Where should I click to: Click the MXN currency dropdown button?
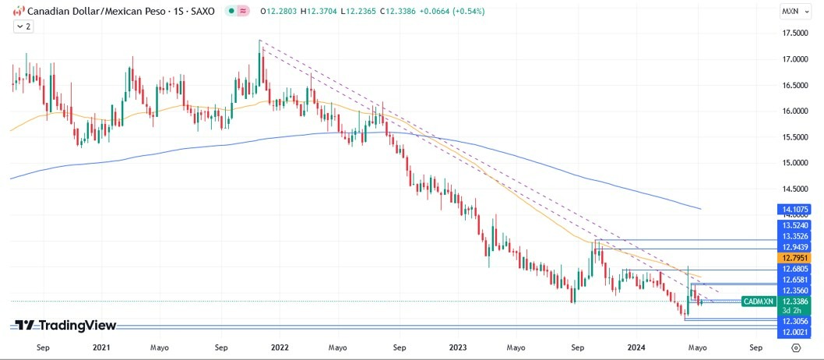pyautogui.click(x=795, y=11)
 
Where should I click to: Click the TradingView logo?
pyautogui.click(x=66, y=326)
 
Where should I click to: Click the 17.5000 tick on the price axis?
pyautogui.click(x=794, y=34)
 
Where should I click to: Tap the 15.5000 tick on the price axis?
pyautogui.click(x=794, y=137)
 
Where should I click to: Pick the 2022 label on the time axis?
pyautogui.click(x=281, y=349)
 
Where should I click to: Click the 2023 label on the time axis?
pyautogui.click(x=458, y=349)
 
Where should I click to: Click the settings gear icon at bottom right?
pyautogui.click(x=795, y=349)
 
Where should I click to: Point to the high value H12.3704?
pyautogui.click(x=319, y=11)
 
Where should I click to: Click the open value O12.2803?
pyautogui.click(x=279, y=11)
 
